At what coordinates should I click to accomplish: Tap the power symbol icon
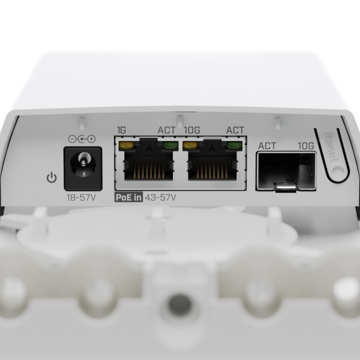click(52, 178)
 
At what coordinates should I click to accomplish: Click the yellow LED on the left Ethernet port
click(126, 145)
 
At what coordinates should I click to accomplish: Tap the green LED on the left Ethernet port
click(169, 145)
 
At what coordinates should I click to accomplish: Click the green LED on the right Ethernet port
click(236, 145)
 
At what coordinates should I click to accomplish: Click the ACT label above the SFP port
click(266, 145)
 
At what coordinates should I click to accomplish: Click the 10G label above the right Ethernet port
click(192, 130)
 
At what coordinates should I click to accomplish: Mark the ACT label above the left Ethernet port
click(166, 130)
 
